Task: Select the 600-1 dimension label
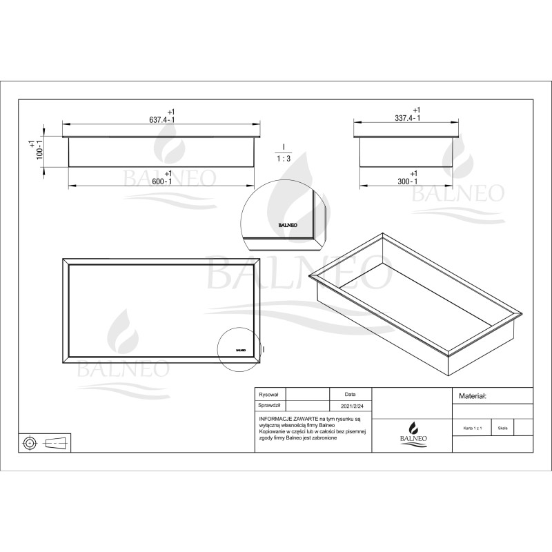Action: point(162,181)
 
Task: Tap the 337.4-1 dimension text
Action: point(407,118)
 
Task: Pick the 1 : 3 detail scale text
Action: point(283,157)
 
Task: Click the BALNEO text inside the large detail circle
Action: point(288,224)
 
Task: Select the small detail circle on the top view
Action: point(238,349)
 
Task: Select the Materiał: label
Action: point(473,396)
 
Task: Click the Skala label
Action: point(502,428)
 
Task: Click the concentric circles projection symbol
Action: point(31,442)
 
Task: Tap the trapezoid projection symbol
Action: point(57,442)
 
